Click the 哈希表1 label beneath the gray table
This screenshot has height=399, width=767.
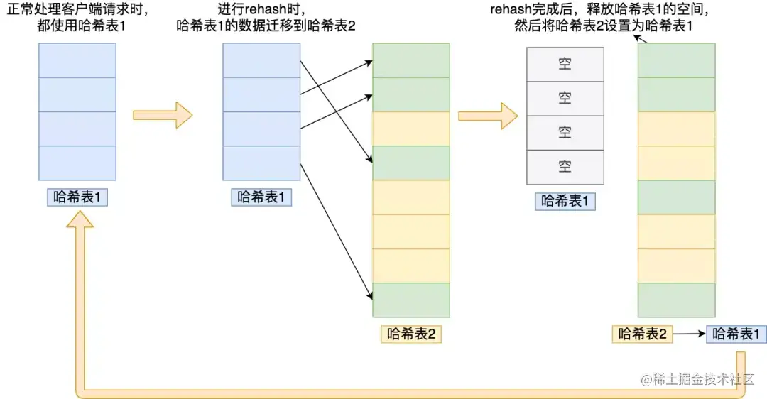565,201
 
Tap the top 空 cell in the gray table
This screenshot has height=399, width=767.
565,64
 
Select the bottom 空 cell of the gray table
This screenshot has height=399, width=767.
565,167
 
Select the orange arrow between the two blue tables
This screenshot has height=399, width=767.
163,115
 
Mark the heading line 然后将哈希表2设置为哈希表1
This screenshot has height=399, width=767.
604,26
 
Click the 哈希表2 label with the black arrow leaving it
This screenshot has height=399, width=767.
642,334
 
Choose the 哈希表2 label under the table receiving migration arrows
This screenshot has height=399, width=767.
411,334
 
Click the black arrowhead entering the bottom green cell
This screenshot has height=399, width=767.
370,295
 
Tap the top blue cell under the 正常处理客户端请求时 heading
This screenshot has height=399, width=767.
77,60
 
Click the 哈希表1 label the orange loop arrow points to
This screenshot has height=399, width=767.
77,197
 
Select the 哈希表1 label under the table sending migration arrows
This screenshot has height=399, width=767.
261,197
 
